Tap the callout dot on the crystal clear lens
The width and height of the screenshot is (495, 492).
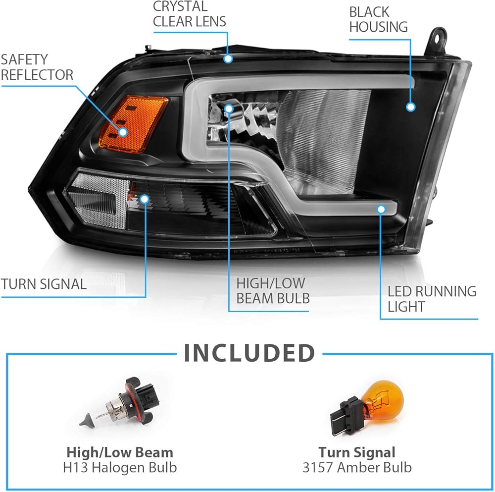[x=228, y=58]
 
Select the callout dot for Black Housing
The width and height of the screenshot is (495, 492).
[x=410, y=106]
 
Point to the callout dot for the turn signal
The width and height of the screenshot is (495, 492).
[x=145, y=199]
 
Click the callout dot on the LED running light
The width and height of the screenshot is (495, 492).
[x=381, y=210]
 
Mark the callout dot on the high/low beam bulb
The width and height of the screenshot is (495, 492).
[x=229, y=108]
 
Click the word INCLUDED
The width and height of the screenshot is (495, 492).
[x=249, y=353]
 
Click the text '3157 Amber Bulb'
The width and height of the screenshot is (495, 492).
[x=357, y=467]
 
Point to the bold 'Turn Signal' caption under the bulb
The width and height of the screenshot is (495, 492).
[x=357, y=452]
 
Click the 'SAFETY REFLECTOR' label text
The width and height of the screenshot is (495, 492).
[x=37, y=67]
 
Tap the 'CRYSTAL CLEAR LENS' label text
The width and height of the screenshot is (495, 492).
[x=190, y=14]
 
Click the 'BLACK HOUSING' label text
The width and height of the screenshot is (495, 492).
[x=379, y=19]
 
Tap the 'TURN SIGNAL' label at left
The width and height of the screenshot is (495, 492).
[x=44, y=284]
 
